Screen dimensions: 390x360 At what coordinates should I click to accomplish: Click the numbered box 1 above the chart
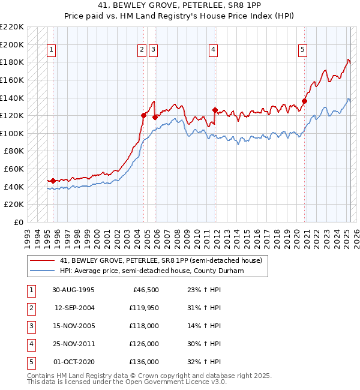coord(51,50)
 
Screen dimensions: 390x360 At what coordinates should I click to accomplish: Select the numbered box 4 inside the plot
coord(213,50)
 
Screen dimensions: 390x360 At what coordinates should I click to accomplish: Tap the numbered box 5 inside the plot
coord(302,50)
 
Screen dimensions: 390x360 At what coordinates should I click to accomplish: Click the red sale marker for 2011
coord(215,110)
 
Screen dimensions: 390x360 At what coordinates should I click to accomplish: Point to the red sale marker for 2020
coord(304,101)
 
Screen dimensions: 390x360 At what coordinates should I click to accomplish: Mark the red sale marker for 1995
coord(53,181)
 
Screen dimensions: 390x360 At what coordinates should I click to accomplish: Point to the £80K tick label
coord(14,151)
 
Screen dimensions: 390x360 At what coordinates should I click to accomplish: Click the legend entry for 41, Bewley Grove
coord(161,261)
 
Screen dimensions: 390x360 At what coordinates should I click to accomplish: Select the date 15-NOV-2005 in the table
coord(73,326)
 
